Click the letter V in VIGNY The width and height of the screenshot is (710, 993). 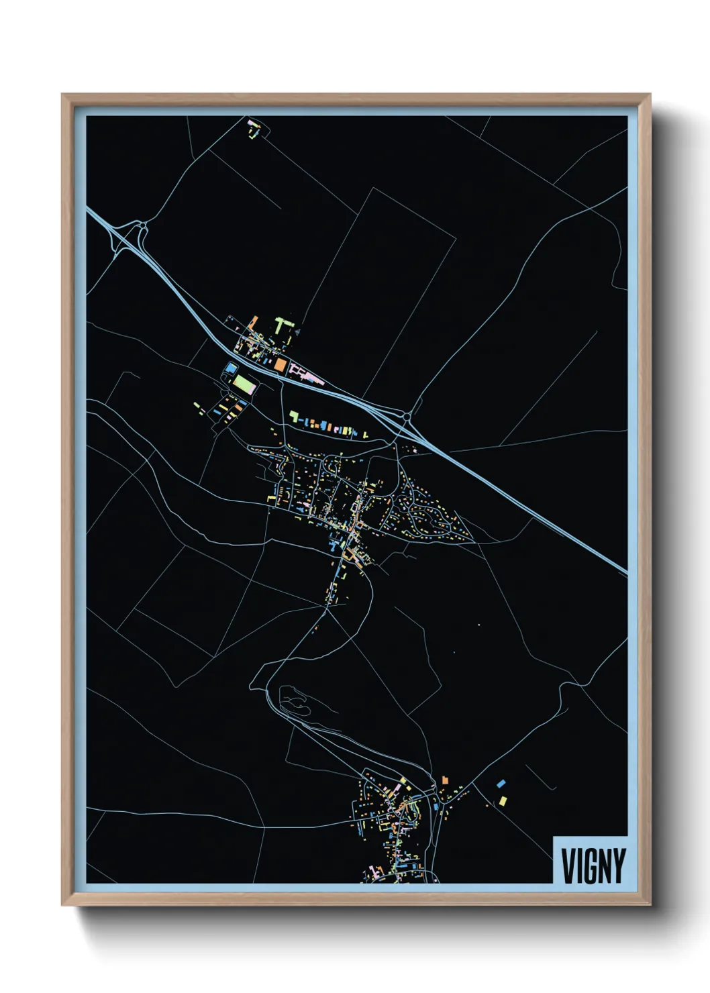(568, 866)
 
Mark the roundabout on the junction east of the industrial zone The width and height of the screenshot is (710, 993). (407, 417)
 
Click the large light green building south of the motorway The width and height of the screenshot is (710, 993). (245, 384)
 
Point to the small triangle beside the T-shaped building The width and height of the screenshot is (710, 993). (296, 330)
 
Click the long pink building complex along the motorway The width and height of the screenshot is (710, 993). (307, 375)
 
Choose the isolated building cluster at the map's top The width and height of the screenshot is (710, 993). (254, 128)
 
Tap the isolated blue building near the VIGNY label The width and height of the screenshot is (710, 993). (501, 783)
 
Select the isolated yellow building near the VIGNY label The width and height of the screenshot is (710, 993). (503, 800)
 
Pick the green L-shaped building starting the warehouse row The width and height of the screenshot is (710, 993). (293, 417)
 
